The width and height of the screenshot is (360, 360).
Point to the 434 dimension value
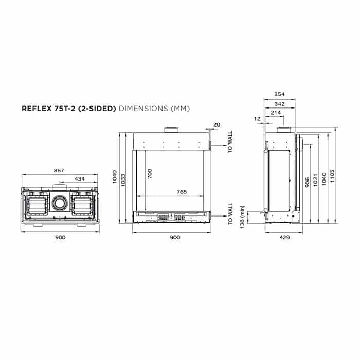80,178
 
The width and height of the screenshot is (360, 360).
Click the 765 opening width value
181,192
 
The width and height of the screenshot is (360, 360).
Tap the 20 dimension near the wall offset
216,125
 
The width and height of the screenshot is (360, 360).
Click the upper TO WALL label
230,141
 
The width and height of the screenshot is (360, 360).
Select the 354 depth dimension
279,94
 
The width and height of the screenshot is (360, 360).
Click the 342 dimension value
279,103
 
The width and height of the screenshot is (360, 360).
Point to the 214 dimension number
276,112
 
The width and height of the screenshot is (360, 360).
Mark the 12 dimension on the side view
257,119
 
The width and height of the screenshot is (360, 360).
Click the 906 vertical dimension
307,182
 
